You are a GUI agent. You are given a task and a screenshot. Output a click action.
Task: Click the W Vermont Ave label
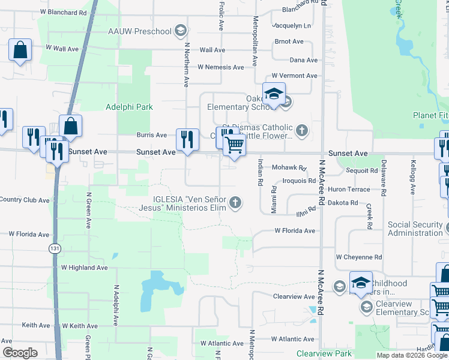[294, 76]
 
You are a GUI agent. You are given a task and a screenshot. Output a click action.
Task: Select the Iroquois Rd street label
[295, 181]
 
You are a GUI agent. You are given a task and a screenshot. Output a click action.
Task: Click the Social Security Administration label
[415, 229]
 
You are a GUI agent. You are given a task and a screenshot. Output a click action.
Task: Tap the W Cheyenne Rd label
[358, 257]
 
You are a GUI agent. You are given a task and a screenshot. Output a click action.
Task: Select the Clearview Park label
[324, 355]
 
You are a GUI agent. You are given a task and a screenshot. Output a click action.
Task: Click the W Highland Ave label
[83, 268]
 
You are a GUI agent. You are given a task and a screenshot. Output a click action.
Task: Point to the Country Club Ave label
[25, 200]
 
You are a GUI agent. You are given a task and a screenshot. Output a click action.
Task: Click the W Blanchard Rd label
[64, 12]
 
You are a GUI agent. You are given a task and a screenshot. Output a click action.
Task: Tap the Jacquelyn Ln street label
[291, 26]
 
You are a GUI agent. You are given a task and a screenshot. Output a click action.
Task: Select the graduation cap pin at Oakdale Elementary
[274, 94]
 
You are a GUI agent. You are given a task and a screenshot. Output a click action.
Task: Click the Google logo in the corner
[20, 353]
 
